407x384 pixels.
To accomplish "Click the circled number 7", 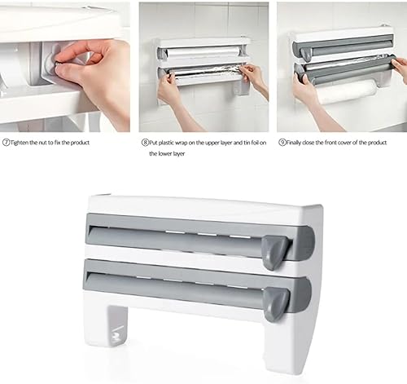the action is [x=6, y=143].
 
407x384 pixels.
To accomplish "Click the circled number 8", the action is [x=145, y=143].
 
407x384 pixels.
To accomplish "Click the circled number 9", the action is [x=282, y=143].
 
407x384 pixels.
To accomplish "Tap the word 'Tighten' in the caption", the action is [x=19, y=143].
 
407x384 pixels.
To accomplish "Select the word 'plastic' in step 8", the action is [x=166, y=143].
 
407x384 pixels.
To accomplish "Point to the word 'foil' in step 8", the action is [x=255, y=143].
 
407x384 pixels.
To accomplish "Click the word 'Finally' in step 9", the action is [x=294, y=143].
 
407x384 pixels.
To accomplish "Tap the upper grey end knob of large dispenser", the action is [x=275, y=253].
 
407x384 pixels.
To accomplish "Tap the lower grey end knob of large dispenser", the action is [x=276, y=304].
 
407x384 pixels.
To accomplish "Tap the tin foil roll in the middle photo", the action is [x=205, y=73].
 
